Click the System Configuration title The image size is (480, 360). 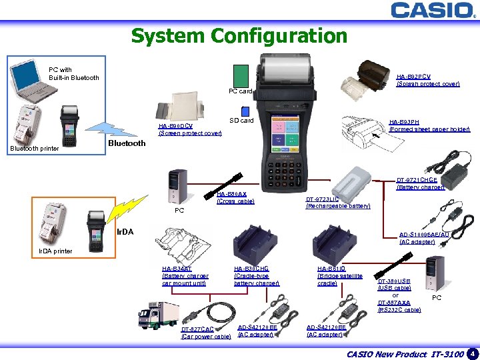click(x=239, y=35)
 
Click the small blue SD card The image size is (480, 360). click(x=247, y=109)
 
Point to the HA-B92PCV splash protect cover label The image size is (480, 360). click(x=427, y=80)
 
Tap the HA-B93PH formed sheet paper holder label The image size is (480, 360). click(x=429, y=125)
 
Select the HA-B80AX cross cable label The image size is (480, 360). click(x=235, y=197)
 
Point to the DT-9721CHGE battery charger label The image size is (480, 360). click(x=420, y=183)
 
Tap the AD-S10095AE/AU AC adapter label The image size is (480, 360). click(x=424, y=238)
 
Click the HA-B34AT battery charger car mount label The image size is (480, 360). click(x=185, y=276)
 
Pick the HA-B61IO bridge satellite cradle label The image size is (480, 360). click(x=340, y=276)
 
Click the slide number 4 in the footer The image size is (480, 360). click(x=472, y=353)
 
